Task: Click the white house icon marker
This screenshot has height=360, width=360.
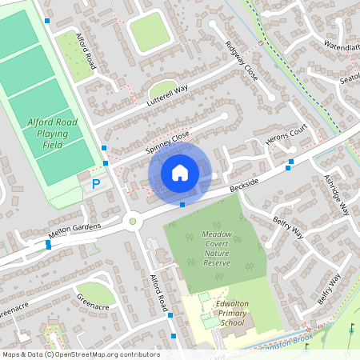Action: (x=180, y=172)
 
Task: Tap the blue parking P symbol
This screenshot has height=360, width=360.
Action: (x=96, y=184)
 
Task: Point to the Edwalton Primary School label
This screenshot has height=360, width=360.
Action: (x=222, y=314)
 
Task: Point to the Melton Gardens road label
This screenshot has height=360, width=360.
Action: (x=75, y=229)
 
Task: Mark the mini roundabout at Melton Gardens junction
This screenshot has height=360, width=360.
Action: (x=133, y=221)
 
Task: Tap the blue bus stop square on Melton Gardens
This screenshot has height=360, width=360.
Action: (x=49, y=246)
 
